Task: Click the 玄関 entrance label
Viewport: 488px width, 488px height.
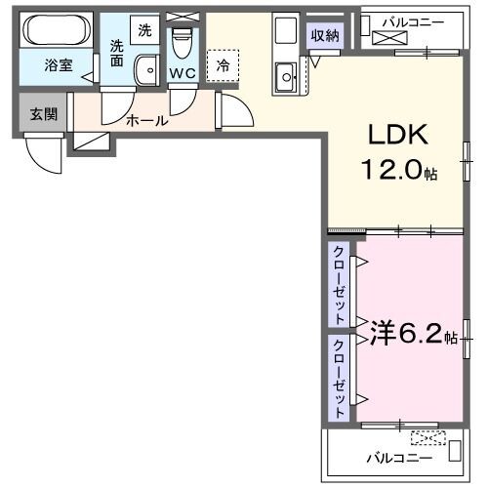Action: pos(42,113)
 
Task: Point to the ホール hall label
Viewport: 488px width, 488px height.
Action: pos(147,121)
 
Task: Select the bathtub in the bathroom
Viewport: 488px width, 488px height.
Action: pos(57,31)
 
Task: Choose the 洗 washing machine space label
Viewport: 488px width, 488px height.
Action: pos(144,29)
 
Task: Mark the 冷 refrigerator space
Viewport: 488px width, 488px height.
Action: pos(223,65)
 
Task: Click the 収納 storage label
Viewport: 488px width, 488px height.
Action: pos(325,37)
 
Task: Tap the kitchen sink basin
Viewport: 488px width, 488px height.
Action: pos(286,72)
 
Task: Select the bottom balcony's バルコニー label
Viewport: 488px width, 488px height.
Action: pos(398,455)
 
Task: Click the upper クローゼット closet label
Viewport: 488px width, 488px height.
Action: pos(338,285)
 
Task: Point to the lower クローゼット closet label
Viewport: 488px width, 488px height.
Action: pos(338,378)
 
